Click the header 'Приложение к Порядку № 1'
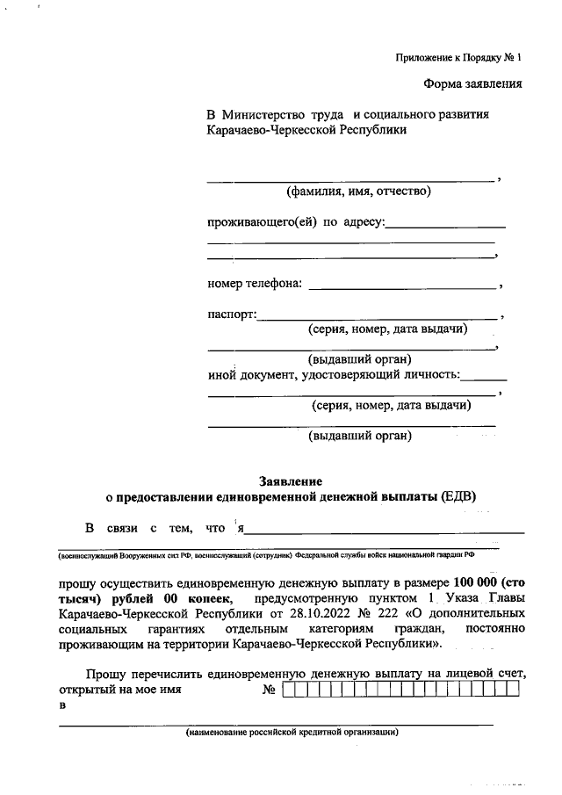458,59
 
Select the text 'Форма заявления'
472,84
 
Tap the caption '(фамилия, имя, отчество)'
358,191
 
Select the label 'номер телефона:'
255,283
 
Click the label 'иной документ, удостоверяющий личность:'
334,375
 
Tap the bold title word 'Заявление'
290,481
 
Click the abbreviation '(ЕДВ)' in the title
458,496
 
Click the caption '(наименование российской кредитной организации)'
292,732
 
